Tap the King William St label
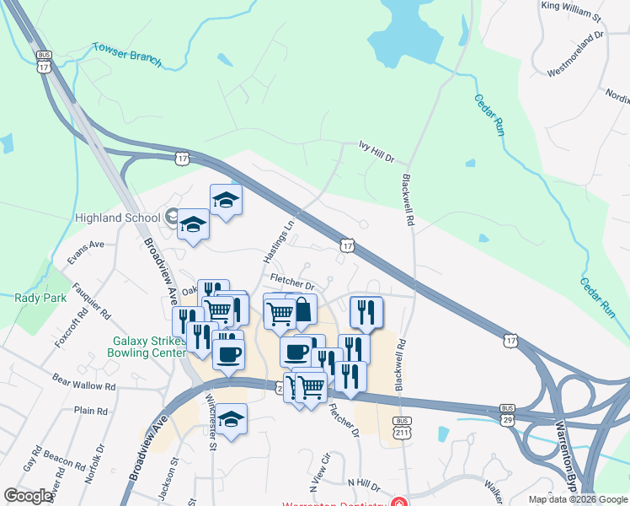click(x=571, y=11)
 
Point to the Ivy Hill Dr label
click(x=376, y=151)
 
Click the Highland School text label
click(x=118, y=218)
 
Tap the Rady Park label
click(x=33, y=297)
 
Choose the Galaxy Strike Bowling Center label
click(x=147, y=347)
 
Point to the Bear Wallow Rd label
click(x=83, y=382)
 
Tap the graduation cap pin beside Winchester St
click(x=231, y=419)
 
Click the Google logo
click(x=29, y=496)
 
